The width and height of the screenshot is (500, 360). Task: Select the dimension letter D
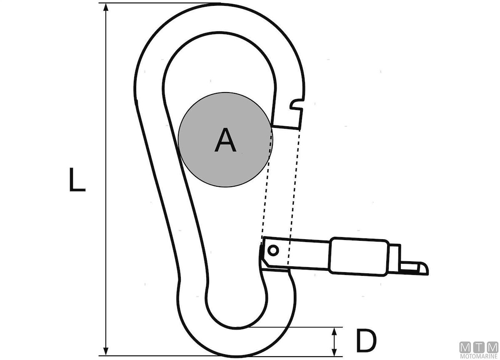(x=366, y=340)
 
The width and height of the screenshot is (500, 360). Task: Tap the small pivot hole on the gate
(x=273, y=250)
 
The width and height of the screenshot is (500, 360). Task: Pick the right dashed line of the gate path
(x=294, y=192)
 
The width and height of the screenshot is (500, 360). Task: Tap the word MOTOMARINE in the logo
(x=479, y=356)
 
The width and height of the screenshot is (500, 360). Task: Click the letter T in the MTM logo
(x=479, y=347)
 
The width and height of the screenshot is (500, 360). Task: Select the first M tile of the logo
(x=465, y=347)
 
